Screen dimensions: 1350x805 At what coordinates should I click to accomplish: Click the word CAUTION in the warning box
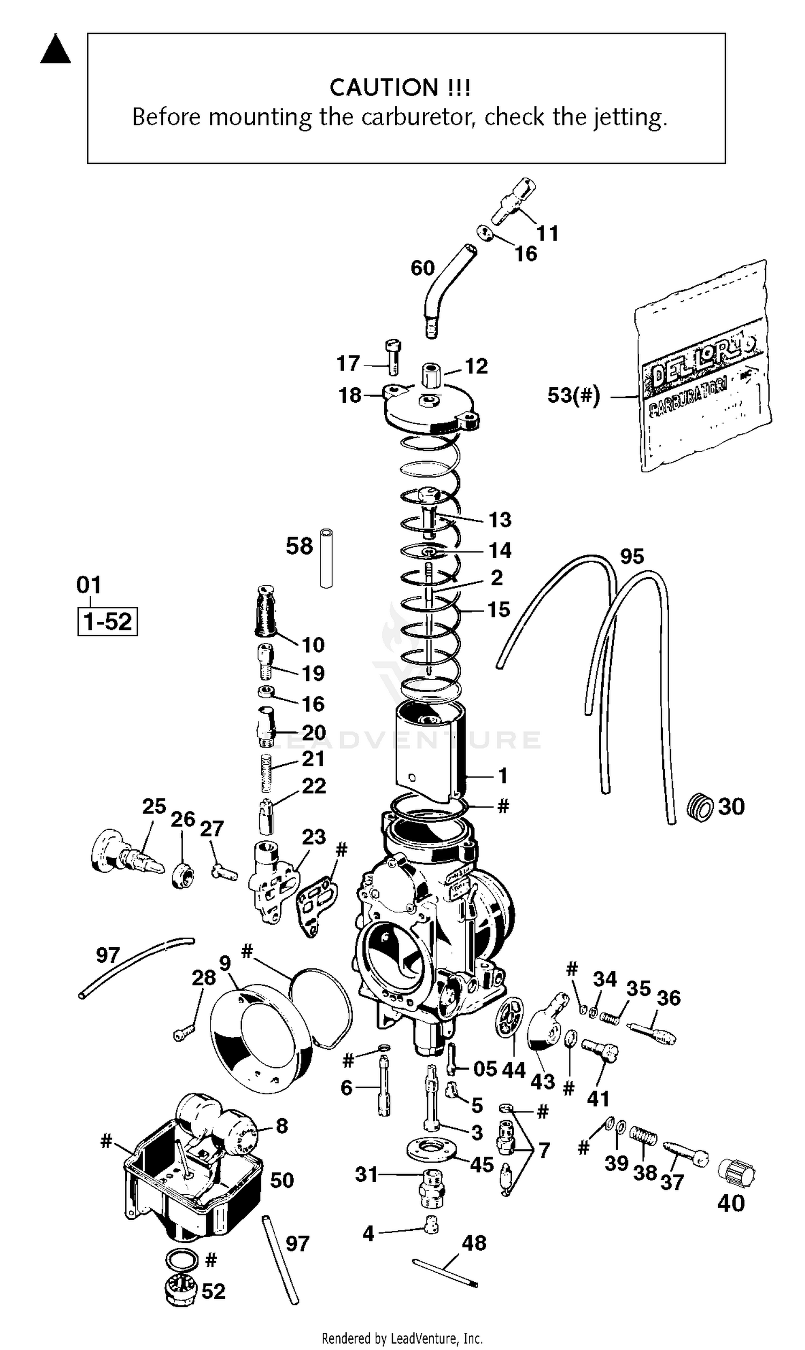[383, 88]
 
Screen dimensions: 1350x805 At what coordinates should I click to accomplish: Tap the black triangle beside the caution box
[55, 51]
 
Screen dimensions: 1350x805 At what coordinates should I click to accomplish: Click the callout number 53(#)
[573, 396]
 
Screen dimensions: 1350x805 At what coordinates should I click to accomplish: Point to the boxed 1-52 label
[107, 621]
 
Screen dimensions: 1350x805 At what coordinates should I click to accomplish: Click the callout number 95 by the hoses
[632, 556]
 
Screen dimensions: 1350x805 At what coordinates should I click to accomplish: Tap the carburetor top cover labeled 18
[431, 410]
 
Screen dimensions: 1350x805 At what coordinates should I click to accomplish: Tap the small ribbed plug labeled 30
[699, 807]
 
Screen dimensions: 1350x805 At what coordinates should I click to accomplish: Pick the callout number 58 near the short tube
[299, 546]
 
